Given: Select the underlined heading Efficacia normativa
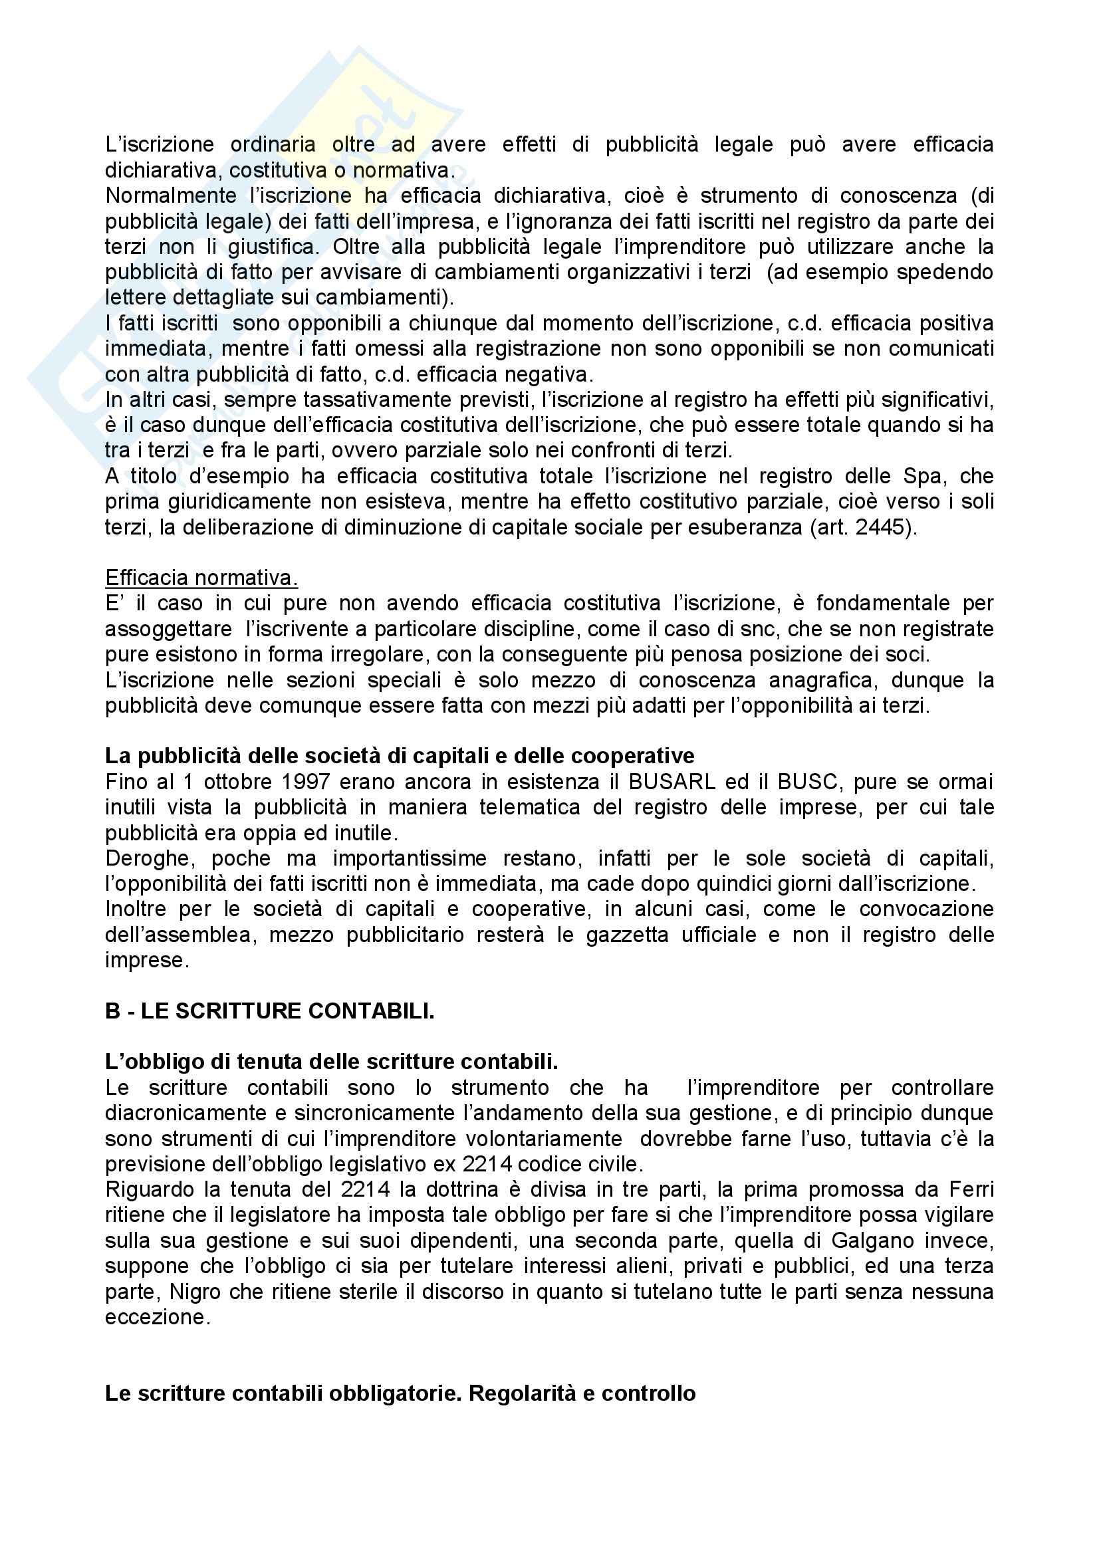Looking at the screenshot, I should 201,578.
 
